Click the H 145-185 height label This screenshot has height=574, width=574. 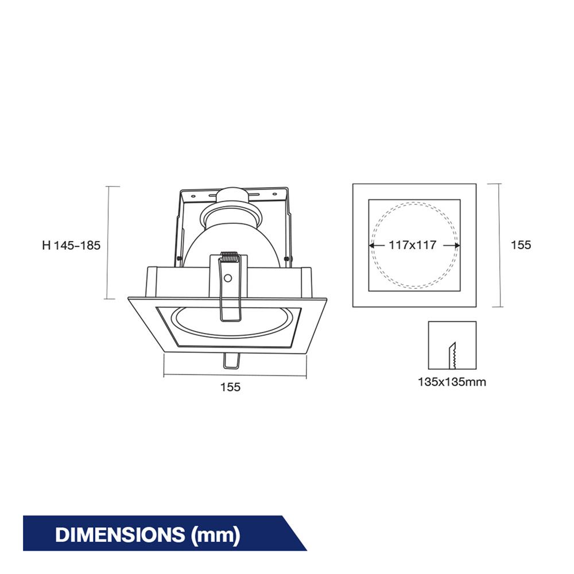[x=71, y=245]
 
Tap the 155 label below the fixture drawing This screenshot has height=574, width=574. [x=230, y=387]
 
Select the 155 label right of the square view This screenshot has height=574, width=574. [x=521, y=245]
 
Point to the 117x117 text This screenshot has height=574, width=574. [x=413, y=245]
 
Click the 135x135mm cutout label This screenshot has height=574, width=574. [x=452, y=382]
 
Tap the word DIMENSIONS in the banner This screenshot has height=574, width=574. [x=120, y=534]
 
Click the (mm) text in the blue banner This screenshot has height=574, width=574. [x=216, y=535]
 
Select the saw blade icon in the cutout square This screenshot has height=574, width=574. [x=452, y=355]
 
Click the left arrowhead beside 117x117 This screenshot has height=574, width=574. [x=371, y=245]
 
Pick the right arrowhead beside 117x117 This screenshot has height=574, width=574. [x=457, y=245]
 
